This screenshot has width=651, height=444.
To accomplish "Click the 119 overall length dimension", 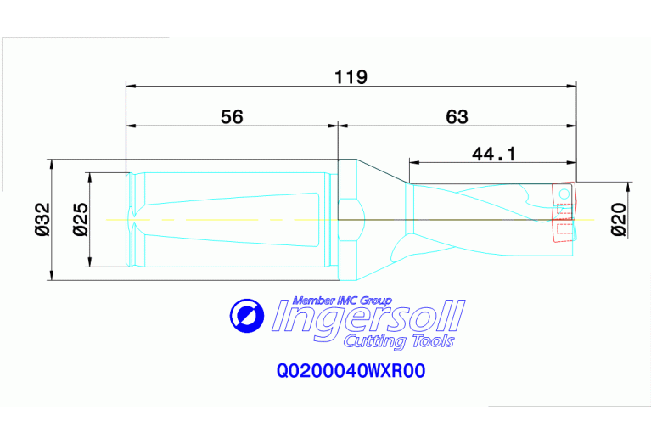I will [351, 77].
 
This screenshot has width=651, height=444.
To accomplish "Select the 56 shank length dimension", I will [232, 117].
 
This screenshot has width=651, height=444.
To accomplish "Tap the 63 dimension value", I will [457, 117].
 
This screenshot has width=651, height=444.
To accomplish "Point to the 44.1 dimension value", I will [495, 154].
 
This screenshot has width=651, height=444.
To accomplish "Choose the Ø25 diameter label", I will [77, 219].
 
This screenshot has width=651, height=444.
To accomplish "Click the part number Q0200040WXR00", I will [350, 371].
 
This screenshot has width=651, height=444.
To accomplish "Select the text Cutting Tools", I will [398, 341].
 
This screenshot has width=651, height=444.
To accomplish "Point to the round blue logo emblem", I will [247, 316].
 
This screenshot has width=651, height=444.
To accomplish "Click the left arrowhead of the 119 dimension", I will [130, 85].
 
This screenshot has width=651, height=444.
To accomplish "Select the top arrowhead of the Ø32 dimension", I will [51, 163].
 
